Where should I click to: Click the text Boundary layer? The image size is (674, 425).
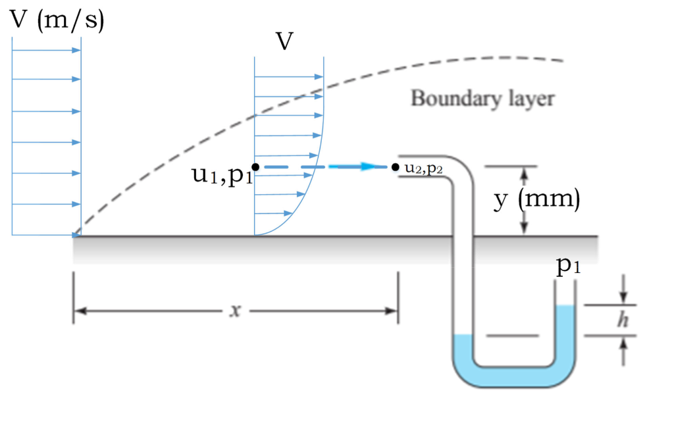pos(482,99)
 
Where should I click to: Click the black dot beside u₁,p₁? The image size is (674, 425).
pos(255,167)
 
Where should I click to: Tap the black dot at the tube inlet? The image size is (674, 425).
pos(395,167)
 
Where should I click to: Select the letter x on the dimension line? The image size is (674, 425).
pos(233,311)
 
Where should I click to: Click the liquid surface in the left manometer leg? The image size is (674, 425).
pos(463,336)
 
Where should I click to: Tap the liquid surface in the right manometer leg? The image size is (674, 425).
pos(566,305)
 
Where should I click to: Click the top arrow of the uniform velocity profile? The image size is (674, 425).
pos(76,49)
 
